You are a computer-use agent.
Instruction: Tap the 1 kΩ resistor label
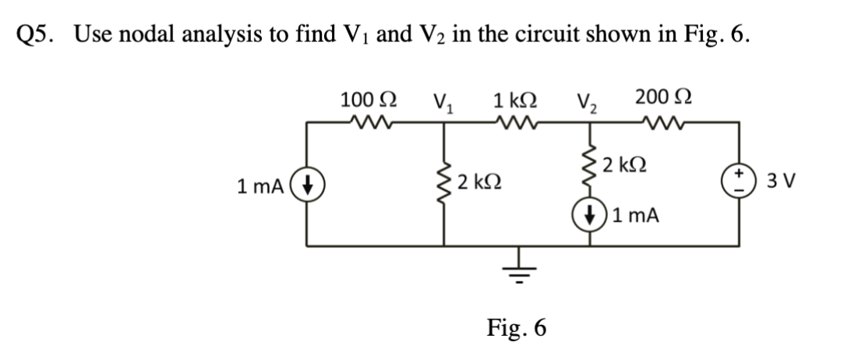pos(514,100)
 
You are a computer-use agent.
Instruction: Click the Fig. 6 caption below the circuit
pos(516,327)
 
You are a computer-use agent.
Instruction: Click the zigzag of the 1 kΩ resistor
pos(514,121)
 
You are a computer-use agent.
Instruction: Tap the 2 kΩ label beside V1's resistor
pos(478,183)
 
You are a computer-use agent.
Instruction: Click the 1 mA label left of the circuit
pos(261,187)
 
